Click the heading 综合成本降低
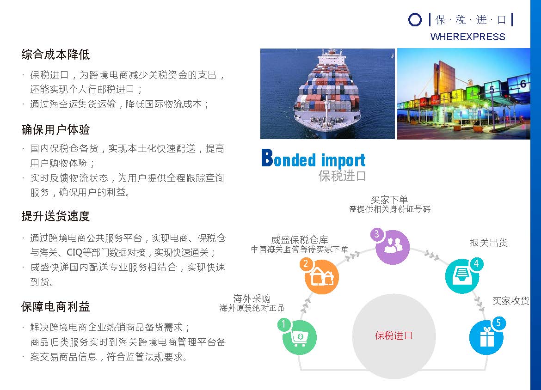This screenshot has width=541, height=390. tap(55, 54)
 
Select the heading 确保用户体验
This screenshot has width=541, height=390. tap(55, 130)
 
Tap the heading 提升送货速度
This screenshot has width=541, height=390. tap(55, 216)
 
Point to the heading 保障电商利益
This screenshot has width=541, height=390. tap(55, 306)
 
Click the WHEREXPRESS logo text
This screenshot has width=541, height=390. tap(467, 37)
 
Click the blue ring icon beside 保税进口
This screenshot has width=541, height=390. tap(415, 20)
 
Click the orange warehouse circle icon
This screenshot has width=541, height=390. tap(321, 276)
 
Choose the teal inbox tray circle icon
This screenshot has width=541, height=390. tap(462, 276)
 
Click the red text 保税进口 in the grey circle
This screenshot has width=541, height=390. tap(393, 335)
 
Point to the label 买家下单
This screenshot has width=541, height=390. tap(389, 200)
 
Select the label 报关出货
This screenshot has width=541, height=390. tap(489, 243)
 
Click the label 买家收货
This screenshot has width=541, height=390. tap(511, 301)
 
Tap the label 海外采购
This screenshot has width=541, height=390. tap(252, 298)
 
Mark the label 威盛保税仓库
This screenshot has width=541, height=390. tap(300, 240)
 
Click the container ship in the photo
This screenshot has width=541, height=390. tap(327, 92)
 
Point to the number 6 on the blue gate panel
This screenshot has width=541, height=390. tap(523, 84)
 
